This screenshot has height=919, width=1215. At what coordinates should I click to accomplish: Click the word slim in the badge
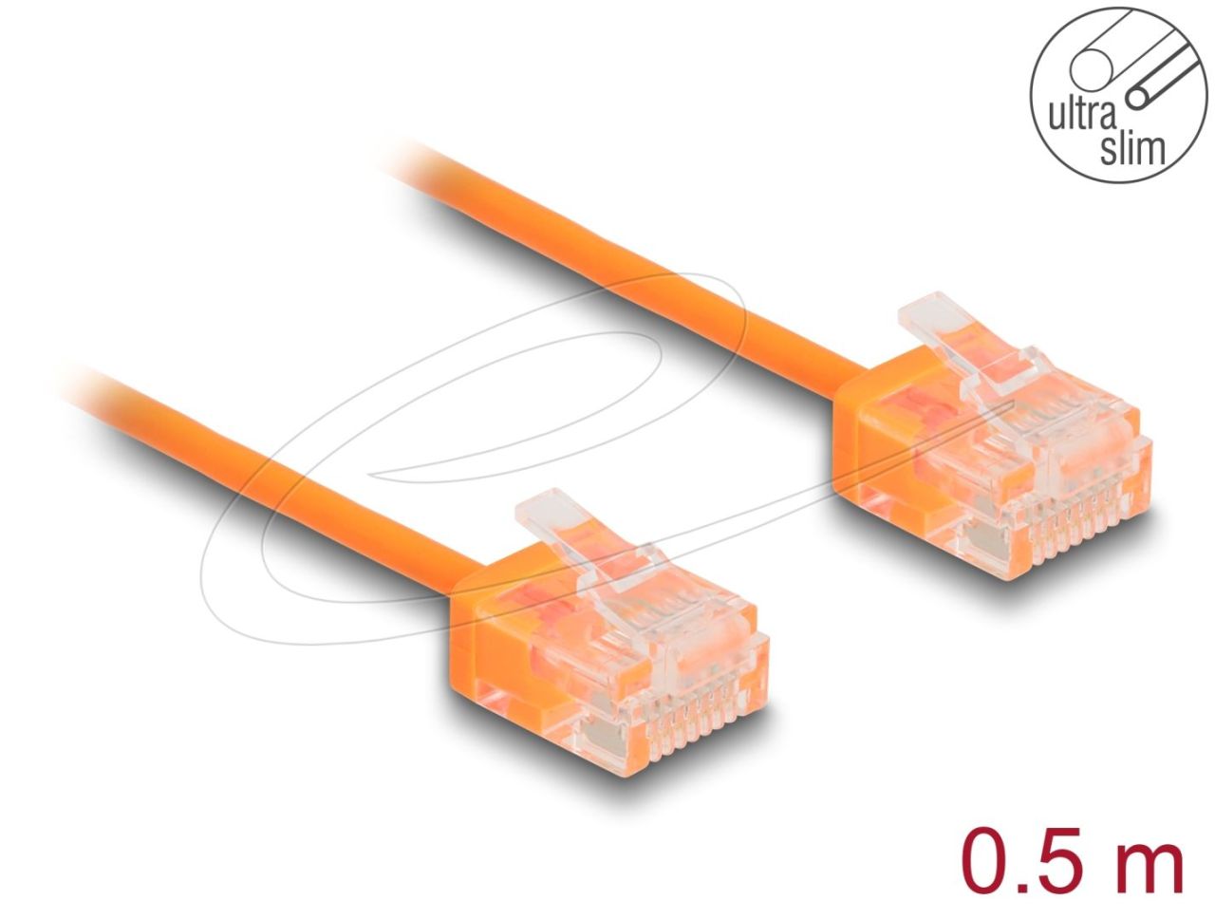pos(1131,149)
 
